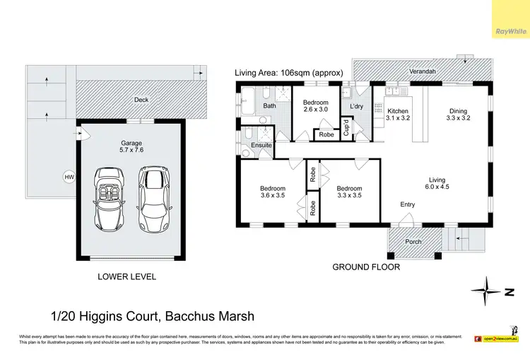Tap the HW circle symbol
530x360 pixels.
pyautogui.click(x=69, y=177)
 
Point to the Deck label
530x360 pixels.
pyautogui.click(x=141, y=100)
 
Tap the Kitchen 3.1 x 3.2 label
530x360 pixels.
pyautogui.click(x=399, y=115)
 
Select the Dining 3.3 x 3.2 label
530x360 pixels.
pyautogui.click(x=459, y=115)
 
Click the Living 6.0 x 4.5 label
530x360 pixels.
pyautogui.click(x=435, y=183)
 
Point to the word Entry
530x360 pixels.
pyautogui.click(x=408, y=205)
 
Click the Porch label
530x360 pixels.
pyautogui.click(x=413, y=242)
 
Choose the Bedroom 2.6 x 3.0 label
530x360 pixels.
pyautogui.click(x=315, y=106)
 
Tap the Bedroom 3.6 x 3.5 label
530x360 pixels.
pyautogui.click(x=272, y=192)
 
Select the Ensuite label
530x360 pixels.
pyautogui.click(x=261, y=145)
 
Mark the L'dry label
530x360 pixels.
pyautogui.click(x=355, y=106)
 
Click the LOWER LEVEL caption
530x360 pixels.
pyautogui.click(x=126, y=277)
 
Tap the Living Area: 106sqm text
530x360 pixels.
pyautogui.click(x=288, y=73)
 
